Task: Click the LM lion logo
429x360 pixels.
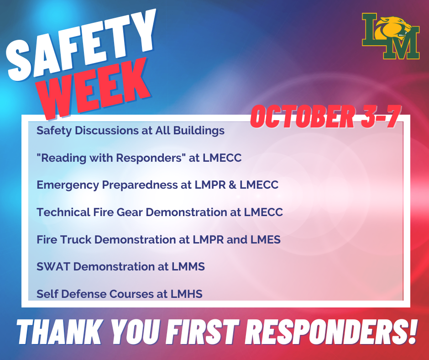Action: pyautogui.click(x=390, y=37)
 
